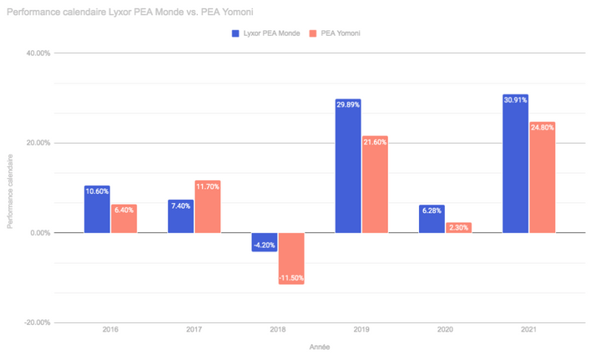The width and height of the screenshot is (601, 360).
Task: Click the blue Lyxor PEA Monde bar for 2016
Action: (x=97, y=210)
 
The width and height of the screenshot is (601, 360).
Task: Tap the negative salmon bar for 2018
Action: (x=291, y=258)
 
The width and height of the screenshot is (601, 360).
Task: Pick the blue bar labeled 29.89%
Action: (x=347, y=166)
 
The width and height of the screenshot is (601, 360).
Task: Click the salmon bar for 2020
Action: (x=458, y=227)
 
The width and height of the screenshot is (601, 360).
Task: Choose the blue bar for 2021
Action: (x=515, y=164)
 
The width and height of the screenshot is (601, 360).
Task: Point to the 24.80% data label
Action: (x=543, y=127)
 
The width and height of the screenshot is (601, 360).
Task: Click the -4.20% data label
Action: (x=264, y=245)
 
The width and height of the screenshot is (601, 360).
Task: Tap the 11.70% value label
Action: (x=208, y=186)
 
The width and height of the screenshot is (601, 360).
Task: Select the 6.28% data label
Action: (x=432, y=210)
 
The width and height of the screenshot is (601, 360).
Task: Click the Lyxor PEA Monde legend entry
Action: (x=265, y=33)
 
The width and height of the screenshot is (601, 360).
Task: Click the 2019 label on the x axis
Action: (x=361, y=332)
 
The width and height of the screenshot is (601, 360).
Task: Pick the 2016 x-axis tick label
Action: (x=110, y=332)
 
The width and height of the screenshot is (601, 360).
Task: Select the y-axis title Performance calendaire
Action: (x=11, y=191)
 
